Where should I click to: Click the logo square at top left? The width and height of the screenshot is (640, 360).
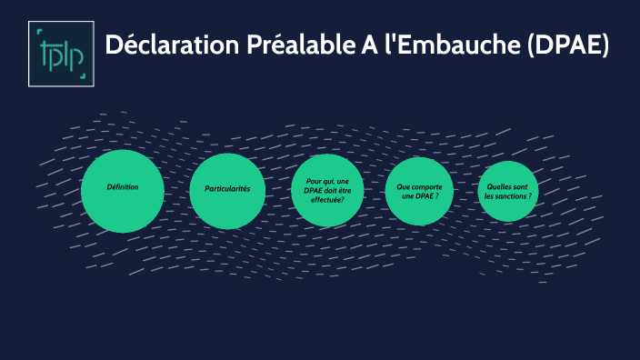(62, 54)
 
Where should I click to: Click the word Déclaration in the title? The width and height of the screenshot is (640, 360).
(173, 46)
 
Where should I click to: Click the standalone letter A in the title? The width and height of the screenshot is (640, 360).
(360, 46)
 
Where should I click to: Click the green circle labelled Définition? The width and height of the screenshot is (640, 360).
(123, 191)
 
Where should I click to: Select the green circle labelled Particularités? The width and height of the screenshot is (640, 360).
(227, 191)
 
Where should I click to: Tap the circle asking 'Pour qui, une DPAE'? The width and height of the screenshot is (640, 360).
(328, 190)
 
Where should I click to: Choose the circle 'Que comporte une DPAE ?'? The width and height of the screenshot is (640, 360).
(419, 191)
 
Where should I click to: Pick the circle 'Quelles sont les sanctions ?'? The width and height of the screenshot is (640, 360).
(508, 191)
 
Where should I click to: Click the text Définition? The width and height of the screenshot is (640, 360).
(123, 186)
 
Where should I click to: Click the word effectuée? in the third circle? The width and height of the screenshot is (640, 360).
(328, 200)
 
